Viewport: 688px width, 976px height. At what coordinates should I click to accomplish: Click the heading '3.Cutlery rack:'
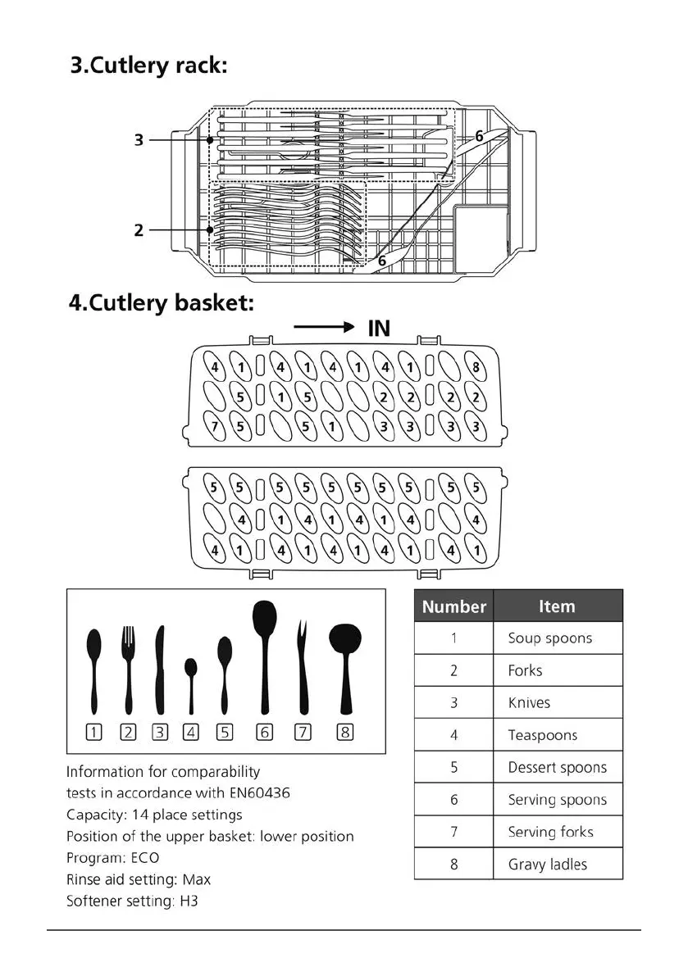[x=148, y=66]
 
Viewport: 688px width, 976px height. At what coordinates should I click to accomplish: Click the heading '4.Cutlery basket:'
[x=161, y=302]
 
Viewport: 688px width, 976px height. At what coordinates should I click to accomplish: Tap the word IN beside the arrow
[x=378, y=329]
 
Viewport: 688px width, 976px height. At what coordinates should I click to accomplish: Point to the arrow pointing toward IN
[x=323, y=328]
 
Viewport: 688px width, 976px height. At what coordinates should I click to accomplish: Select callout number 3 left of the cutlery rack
[x=139, y=140]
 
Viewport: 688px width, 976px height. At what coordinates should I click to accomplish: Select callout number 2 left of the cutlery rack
[x=139, y=230]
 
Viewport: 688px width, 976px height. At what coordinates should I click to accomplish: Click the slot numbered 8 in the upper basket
[x=476, y=367]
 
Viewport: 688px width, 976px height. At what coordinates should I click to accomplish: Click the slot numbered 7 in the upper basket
[x=215, y=426]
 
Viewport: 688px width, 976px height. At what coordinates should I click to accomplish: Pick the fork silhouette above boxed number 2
[x=128, y=670]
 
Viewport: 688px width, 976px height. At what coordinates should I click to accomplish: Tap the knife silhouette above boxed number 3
[x=160, y=670]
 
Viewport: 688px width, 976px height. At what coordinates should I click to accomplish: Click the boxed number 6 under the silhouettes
[x=265, y=733]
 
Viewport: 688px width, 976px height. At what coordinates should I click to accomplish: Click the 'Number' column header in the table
[x=453, y=606]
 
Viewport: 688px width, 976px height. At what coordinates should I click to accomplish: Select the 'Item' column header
[x=557, y=606]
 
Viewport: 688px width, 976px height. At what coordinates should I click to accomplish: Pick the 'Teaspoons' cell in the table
[x=542, y=735]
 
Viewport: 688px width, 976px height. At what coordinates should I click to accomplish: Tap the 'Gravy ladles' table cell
[x=547, y=864]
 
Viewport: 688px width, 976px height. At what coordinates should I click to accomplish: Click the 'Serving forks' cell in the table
[x=549, y=832]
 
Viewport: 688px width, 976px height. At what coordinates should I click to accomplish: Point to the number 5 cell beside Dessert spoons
[x=453, y=767]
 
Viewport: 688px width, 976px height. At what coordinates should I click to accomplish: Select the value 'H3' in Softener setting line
[x=189, y=901]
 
